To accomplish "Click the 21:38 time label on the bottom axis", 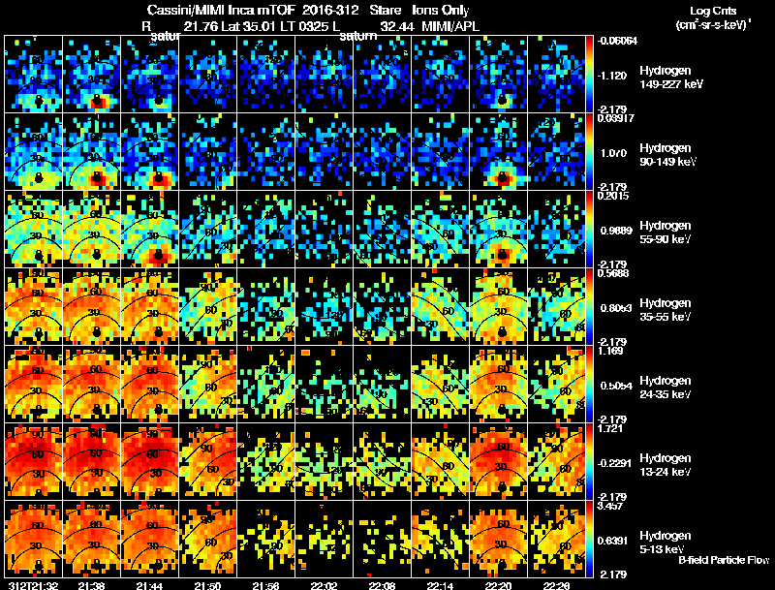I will (91, 585).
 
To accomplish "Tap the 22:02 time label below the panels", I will (325, 585).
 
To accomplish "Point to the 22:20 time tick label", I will (499, 585).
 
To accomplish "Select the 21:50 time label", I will (208, 585).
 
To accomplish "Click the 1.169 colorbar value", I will (611, 353).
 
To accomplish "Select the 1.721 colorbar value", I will (611, 430).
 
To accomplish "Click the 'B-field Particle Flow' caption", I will (723, 560).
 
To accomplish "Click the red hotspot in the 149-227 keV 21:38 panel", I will (97, 101).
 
